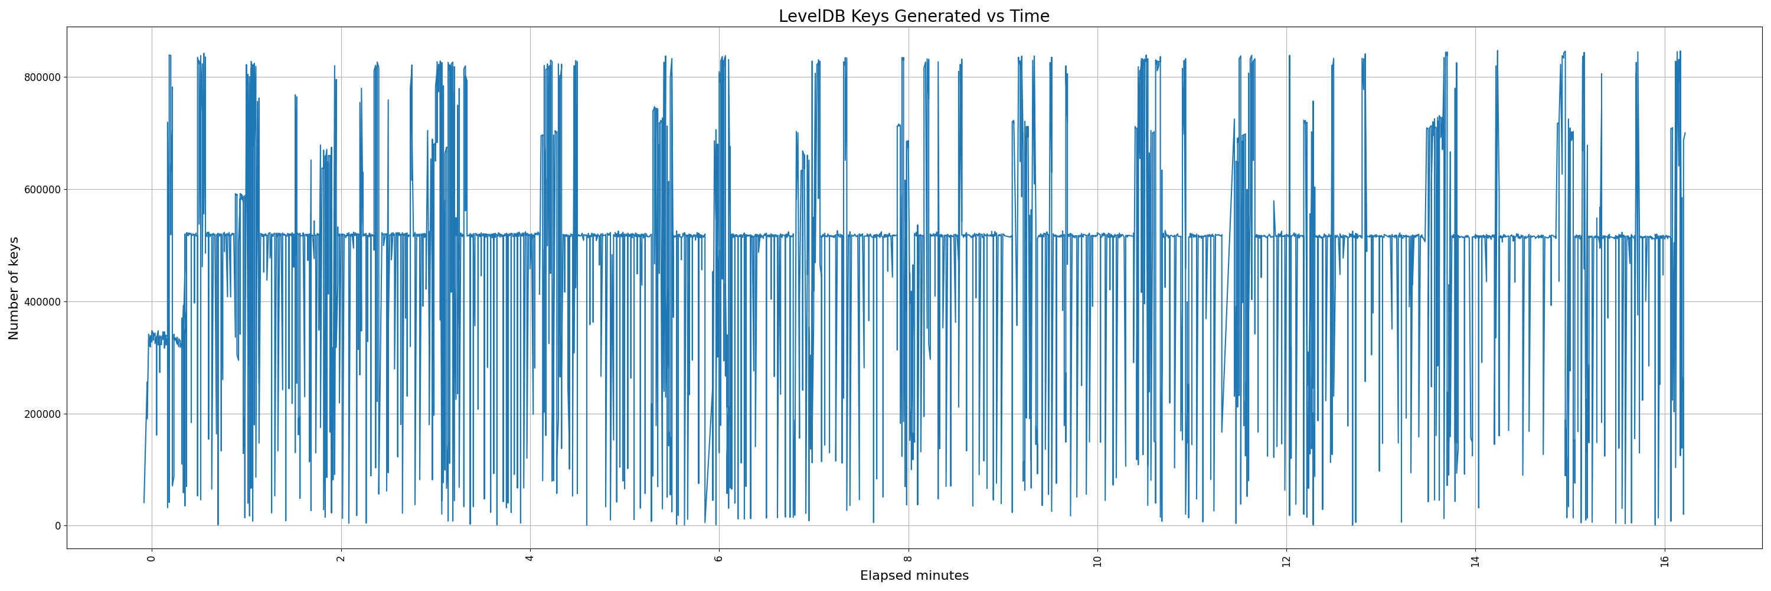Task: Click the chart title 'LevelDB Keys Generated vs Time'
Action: (x=914, y=16)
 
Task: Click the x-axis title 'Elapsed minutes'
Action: (x=914, y=576)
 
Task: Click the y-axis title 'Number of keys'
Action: (x=14, y=288)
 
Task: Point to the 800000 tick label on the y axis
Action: (x=41, y=77)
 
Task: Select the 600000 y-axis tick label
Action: (x=41, y=189)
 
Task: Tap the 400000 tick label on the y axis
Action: (x=41, y=301)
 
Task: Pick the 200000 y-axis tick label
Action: (x=41, y=414)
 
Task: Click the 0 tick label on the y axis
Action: (x=58, y=525)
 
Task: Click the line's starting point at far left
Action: (x=143, y=503)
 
